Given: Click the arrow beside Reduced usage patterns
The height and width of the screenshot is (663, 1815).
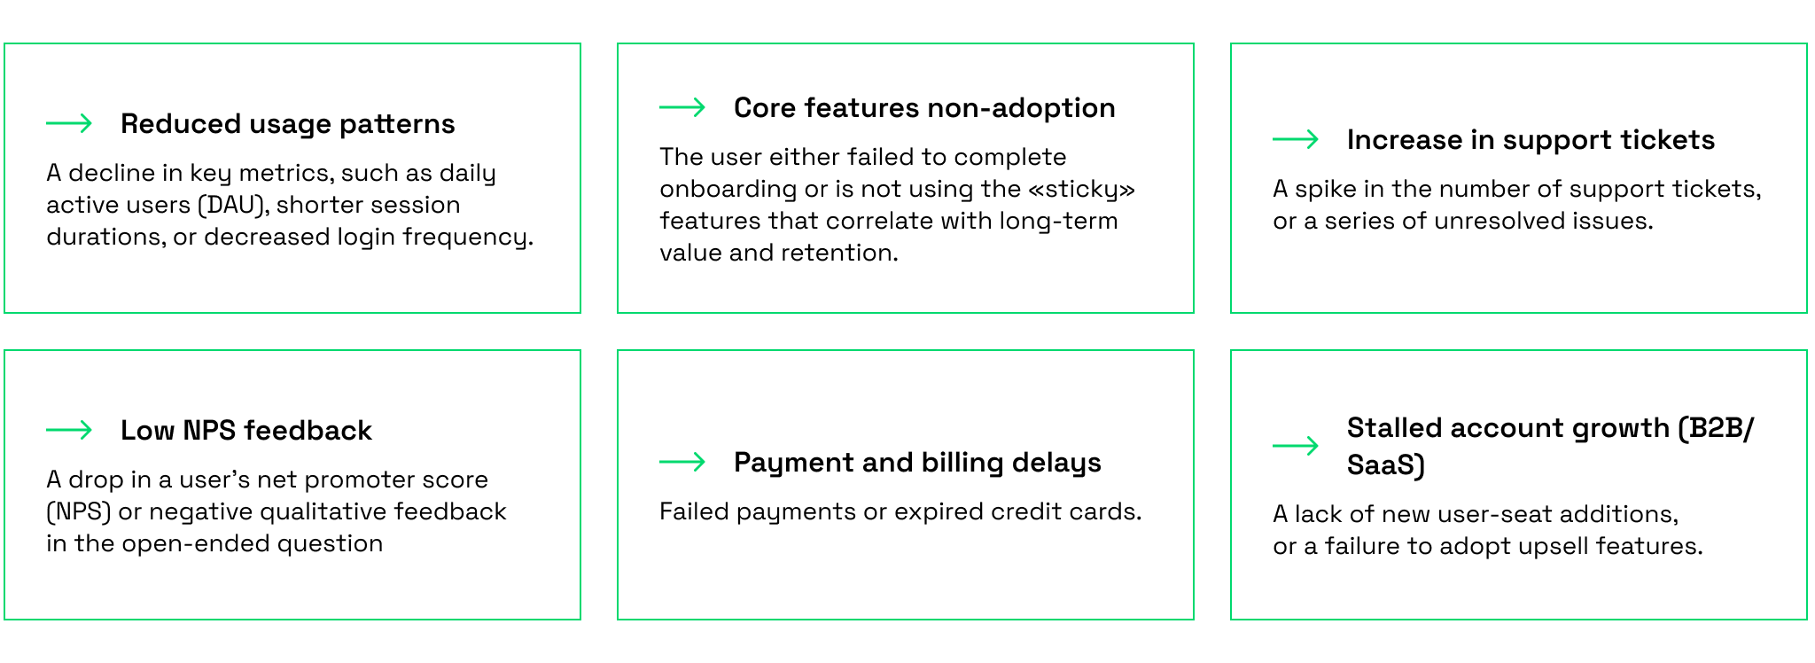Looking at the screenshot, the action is pyautogui.click(x=69, y=123).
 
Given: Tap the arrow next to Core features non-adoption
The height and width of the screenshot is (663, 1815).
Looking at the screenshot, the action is pyautogui.click(x=682, y=107).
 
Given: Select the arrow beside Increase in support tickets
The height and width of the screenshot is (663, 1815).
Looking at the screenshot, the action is pyautogui.click(x=1296, y=139).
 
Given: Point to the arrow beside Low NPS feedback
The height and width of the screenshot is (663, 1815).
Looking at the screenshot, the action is pyautogui.click(x=69, y=430).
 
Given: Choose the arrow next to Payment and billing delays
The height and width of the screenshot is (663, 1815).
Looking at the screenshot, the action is pyautogui.click(x=682, y=462).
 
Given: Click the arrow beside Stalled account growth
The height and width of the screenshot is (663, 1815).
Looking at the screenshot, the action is pyautogui.click(x=1296, y=446).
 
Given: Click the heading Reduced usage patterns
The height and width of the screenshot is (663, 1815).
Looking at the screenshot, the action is pyautogui.click(x=288, y=124).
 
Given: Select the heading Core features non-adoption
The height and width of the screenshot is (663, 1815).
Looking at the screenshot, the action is pyautogui.click(x=924, y=108).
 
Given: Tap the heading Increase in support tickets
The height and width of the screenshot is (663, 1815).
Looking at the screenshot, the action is pyautogui.click(x=1531, y=140).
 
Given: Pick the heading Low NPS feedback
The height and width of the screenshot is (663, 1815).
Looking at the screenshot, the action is pyautogui.click(x=246, y=431).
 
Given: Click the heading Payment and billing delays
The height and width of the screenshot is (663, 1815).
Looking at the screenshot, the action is pyautogui.click(x=917, y=463).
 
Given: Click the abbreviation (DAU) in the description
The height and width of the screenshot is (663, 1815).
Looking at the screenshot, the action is pyautogui.click(x=233, y=205).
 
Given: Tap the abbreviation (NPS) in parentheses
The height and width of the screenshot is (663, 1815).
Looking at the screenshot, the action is pyautogui.click(x=79, y=511).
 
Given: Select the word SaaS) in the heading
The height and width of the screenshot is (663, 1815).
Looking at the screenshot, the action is pyautogui.click(x=1386, y=464).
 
